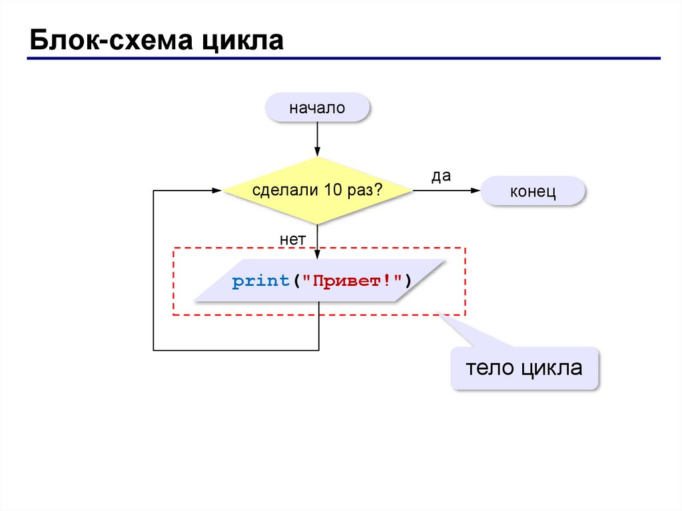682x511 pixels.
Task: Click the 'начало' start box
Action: click(317, 107)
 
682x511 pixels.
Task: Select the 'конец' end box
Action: click(533, 191)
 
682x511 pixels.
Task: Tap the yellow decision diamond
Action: click(318, 191)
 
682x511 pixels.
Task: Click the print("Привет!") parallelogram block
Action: click(319, 282)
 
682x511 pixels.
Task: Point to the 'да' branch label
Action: click(442, 176)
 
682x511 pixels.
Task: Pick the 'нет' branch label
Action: click(292, 238)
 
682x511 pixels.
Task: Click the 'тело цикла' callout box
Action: click(524, 367)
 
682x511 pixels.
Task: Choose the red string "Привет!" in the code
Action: click(352, 282)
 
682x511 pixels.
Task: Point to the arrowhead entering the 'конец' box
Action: click(476, 191)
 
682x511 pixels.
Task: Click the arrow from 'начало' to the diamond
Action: click(318, 140)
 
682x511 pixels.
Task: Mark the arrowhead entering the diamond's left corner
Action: click(217, 191)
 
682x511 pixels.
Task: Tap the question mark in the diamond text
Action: click(378, 191)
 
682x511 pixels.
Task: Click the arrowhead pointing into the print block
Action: click(318, 255)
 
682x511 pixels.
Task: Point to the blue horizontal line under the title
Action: click(343, 59)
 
